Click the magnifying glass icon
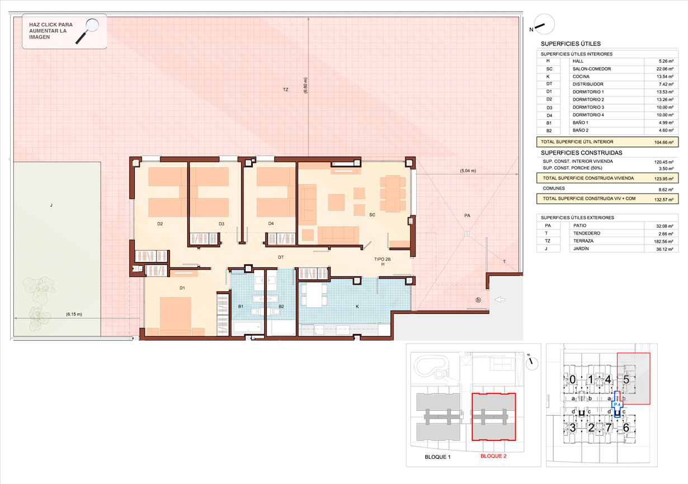(x=87, y=31)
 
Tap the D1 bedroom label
(x=182, y=288)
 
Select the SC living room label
(x=373, y=215)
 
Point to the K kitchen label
(x=357, y=307)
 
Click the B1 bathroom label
(x=241, y=307)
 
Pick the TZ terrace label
(x=286, y=90)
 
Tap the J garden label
(x=51, y=205)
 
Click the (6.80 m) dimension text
(x=305, y=86)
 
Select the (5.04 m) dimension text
(x=468, y=171)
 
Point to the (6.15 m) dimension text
(x=74, y=314)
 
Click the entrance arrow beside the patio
(x=500, y=299)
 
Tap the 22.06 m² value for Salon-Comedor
(x=665, y=69)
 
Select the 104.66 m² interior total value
(x=664, y=142)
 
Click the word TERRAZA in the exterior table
(x=583, y=241)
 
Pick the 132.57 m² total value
(x=664, y=199)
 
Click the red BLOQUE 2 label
(x=493, y=456)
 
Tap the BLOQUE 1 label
(x=437, y=457)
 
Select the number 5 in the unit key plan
(x=626, y=380)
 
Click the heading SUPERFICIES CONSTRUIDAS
(x=581, y=153)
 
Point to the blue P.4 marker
(x=617, y=405)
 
